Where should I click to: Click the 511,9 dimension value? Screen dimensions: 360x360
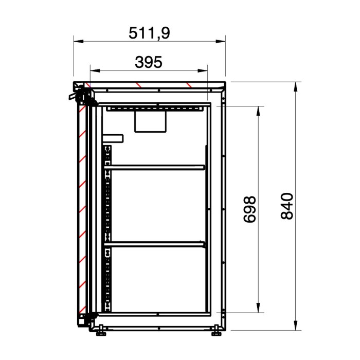click(x=149, y=33)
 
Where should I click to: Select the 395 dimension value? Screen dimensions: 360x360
click(x=149, y=62)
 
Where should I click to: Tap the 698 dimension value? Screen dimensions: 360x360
click(x=249, y=209)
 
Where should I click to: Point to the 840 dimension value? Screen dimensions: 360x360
click(x=287, y=206)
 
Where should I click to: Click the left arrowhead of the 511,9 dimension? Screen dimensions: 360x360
click(x=79, y=41)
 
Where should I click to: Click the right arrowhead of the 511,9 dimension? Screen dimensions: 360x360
click(x=221, y=41)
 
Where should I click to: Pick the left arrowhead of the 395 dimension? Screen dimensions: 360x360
click(x=95, y=70)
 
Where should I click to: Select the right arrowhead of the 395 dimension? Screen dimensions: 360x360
click(x=203, y=70)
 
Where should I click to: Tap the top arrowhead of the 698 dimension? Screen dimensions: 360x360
click(x=258, y=111)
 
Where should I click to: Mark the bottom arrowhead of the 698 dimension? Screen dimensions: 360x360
click(x=258, y=308)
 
